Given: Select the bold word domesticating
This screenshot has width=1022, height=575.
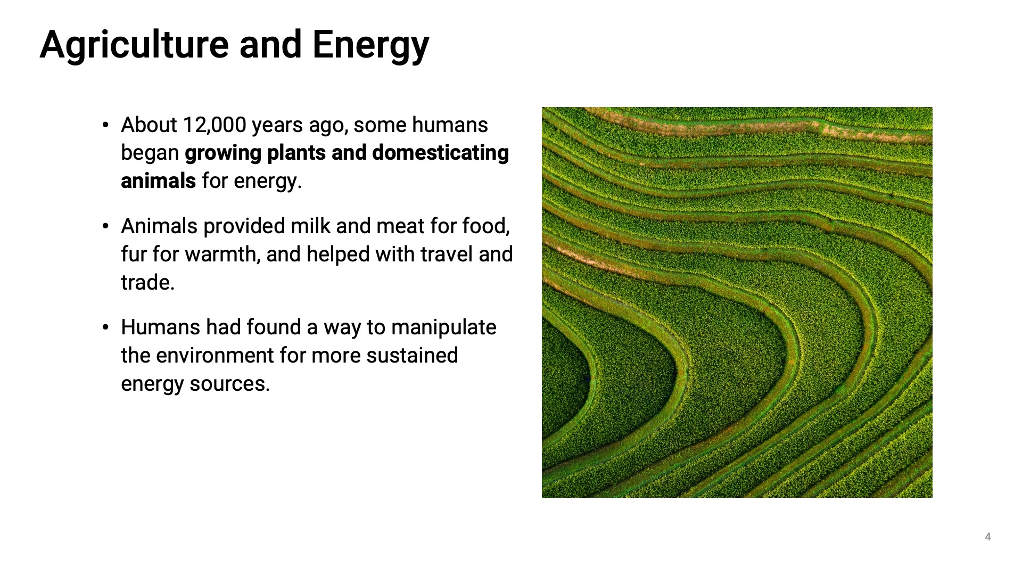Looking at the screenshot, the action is (441, 153).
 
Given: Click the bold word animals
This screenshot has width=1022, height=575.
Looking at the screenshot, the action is (159, 181).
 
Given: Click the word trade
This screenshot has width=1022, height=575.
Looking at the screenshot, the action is (147, 283).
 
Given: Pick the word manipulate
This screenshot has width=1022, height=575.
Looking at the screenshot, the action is (444, 327).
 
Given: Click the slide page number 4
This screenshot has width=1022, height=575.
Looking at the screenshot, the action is (988, 537).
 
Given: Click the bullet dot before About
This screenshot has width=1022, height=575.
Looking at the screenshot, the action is (105, 126).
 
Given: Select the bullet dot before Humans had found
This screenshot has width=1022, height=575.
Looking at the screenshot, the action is (105, 328).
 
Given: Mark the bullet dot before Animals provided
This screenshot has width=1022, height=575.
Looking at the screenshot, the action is (105, 227).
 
